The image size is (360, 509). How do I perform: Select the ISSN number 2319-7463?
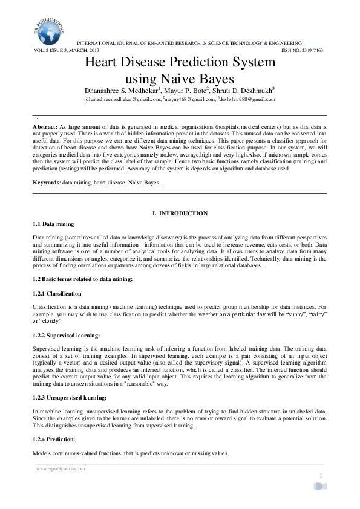pos(313,50)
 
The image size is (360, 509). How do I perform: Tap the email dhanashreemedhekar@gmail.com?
pos(123,99)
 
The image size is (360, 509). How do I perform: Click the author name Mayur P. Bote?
pos(185,89)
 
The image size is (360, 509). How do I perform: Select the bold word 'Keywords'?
pos(45,182)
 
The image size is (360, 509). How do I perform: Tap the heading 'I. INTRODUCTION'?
pos(180,213)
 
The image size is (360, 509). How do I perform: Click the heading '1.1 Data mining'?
pos(53,224)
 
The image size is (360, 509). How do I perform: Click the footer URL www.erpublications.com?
pos(61,468)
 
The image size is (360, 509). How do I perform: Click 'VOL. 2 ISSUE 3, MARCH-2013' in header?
pos(65,50)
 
